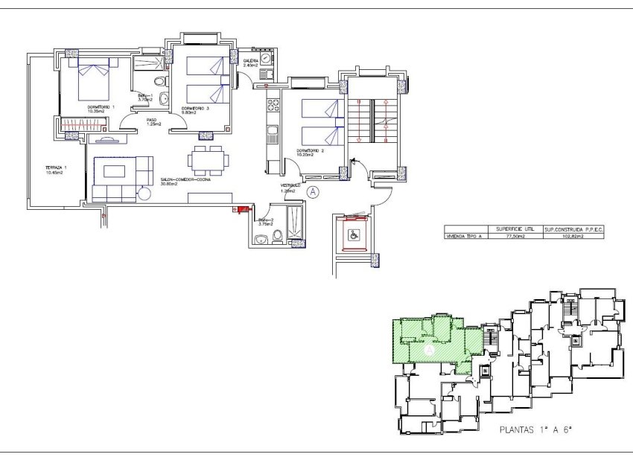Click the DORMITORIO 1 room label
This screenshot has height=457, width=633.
coord(101,108)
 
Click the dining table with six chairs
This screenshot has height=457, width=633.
coord(208,159)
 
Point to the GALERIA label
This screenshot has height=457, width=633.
coord(250,60)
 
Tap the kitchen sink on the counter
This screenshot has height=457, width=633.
coord(273,134)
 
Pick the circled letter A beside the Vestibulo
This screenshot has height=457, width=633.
coord(314,192)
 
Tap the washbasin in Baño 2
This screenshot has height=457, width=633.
coord(261,239)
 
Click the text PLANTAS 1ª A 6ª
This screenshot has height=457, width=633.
coord(540,430)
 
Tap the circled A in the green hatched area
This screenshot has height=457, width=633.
coord(429,348)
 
